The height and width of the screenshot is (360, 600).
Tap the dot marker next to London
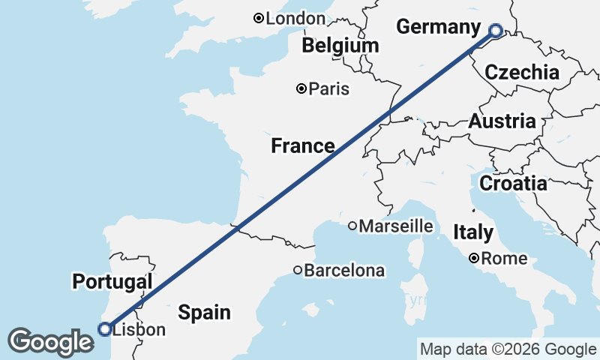(259, 18)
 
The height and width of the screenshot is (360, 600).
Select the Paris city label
(329, 89)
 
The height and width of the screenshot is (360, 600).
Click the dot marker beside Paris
(301, 88)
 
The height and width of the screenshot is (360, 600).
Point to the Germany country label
(438, 28)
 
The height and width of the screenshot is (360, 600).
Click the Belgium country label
(340, 46)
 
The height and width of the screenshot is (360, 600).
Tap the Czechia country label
(522, 73)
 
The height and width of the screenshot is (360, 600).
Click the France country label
(303, 146)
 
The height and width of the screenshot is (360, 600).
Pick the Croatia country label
(513, 183)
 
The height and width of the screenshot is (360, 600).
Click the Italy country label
(473, 232)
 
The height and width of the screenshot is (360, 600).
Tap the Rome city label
(504, 259)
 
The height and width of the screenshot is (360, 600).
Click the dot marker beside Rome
(475, 259)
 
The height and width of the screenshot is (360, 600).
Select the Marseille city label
(396, 226)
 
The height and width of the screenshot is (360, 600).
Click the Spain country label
(204, 312)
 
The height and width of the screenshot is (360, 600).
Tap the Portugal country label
(112, 282)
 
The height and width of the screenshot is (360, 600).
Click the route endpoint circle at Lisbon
(105, 328)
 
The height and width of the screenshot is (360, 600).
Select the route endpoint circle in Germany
(496, 31)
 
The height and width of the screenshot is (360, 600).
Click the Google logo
(51, 342)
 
